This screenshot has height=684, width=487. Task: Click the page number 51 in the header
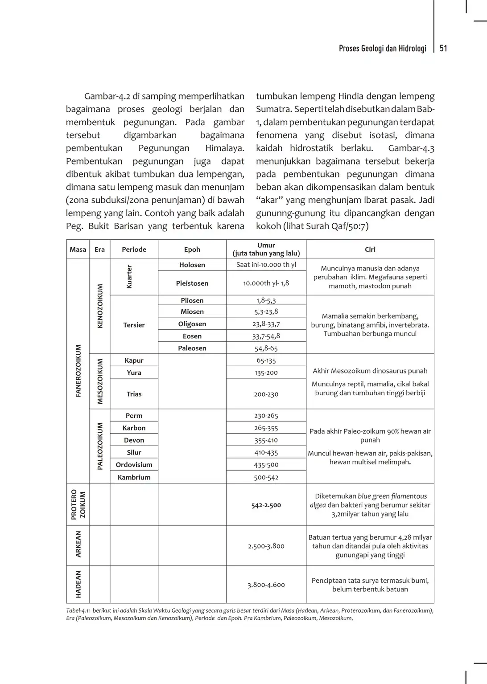click(443, 49)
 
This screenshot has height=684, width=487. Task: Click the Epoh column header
click(192, 250)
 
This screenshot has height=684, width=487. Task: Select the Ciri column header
click(370, 250)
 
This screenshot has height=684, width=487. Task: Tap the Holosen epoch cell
click(192, 265)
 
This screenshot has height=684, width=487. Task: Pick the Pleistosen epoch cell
click(192, 283)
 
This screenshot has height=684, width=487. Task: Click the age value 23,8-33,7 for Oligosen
click(266, 324)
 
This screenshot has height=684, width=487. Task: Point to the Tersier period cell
click(134, 325)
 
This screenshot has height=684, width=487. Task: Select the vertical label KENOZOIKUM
click(100, 306)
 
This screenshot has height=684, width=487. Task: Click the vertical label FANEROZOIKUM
click(78, 370)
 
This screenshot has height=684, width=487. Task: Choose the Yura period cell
click(134, 373)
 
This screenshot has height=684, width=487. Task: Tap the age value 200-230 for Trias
click(266, 394)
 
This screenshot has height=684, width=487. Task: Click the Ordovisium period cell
click(134, 464)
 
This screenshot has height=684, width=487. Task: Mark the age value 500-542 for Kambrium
click(266, 477)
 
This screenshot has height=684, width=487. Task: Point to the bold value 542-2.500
click(266, 505)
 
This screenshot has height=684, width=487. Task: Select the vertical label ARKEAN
click(78, 544)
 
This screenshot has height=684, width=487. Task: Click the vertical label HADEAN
click(78, 584)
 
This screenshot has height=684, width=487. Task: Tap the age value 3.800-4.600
click(266, 585)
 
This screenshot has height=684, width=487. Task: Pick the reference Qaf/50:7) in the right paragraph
click(350, 226)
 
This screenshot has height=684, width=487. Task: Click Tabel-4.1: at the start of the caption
click(78, 610)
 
